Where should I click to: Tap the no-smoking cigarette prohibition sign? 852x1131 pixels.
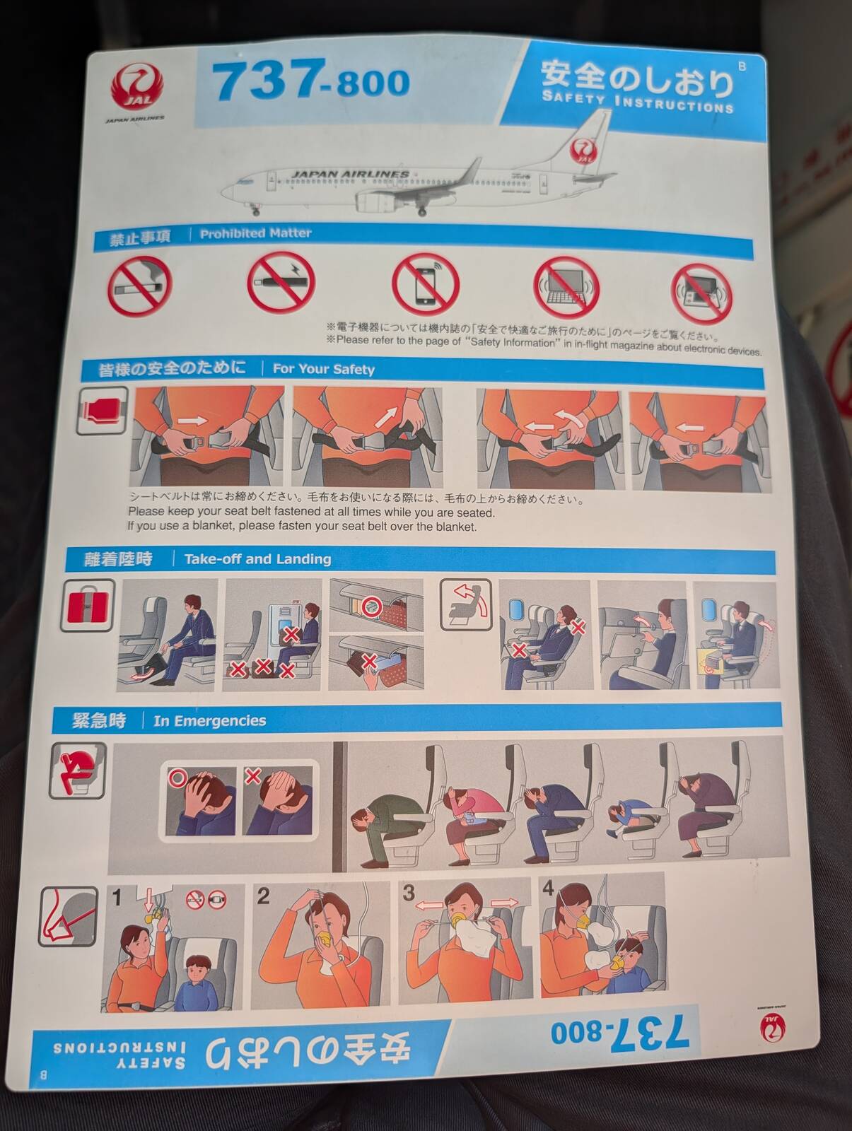click(139, 285)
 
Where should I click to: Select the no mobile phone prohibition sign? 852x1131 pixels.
click(425, 283)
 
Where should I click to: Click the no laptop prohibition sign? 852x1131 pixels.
click(566, 287)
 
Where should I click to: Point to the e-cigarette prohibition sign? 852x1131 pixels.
click(281, 282)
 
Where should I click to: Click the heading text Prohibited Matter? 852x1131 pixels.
click(256, 233)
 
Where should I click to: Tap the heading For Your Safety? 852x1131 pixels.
click(324, 369)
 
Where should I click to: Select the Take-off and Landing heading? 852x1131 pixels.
click(257, 559)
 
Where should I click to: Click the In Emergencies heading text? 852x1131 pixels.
click(210, 720)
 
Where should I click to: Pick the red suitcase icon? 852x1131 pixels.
click(88, 606)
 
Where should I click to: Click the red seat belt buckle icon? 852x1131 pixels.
click(103, 411)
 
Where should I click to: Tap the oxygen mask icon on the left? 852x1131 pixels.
click(68, 917)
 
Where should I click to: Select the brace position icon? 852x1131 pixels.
click(78, 770)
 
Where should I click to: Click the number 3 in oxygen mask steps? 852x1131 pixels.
click(409, 892)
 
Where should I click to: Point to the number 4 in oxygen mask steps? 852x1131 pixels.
click(548, 888)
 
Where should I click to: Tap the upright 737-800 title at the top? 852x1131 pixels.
click(311, 81)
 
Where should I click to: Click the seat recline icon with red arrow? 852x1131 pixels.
click(466, 604)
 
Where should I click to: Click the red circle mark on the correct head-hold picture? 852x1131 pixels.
click(177, 778)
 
